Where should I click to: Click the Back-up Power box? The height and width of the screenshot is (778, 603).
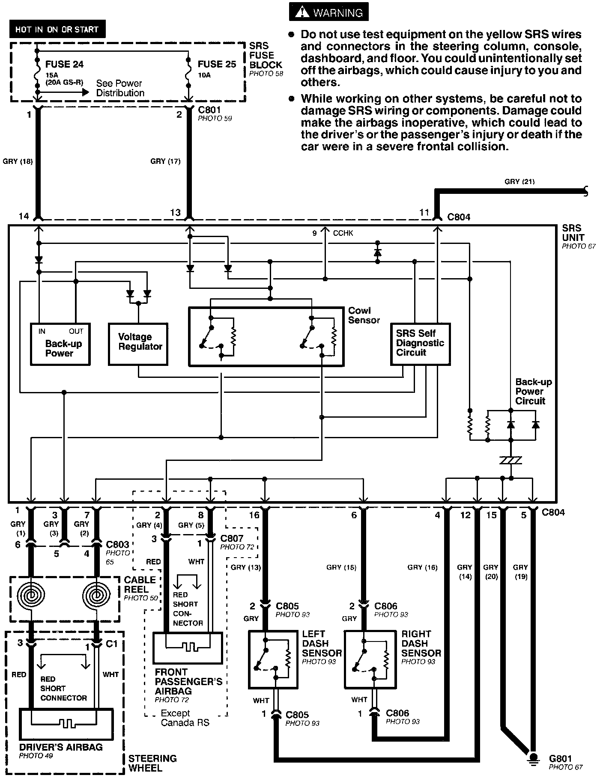click(x=60, y=344)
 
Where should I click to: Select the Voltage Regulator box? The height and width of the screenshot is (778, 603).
click(x=138, y=344)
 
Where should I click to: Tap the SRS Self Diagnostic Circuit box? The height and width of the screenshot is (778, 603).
click(x=420, y=344)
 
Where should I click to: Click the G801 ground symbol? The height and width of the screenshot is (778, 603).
click(x=533, y=757)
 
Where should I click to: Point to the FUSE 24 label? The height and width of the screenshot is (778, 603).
click(x=64, y=65)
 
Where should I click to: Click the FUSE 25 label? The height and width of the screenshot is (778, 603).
click(x=217, y=65)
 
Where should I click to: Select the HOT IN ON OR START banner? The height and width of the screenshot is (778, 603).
click(x=57, y=30)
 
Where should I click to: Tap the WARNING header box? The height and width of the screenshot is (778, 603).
click(x=329, y=12)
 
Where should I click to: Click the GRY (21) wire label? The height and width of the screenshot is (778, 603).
click(x=519, y=181)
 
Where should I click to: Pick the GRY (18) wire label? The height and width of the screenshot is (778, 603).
click(x=18, y=161)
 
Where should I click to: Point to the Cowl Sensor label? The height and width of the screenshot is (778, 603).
click(x=364, y=315)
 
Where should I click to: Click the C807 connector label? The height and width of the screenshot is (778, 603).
click(x=232, y=538)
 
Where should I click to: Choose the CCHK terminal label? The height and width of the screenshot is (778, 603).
click(x=343, y=233)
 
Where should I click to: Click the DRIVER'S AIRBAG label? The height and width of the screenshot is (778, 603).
click(x=61, y=747)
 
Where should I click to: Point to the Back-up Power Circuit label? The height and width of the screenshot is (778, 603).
click(x=533, y=392)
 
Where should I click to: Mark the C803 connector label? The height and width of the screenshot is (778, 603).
click(x=117, y=544)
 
